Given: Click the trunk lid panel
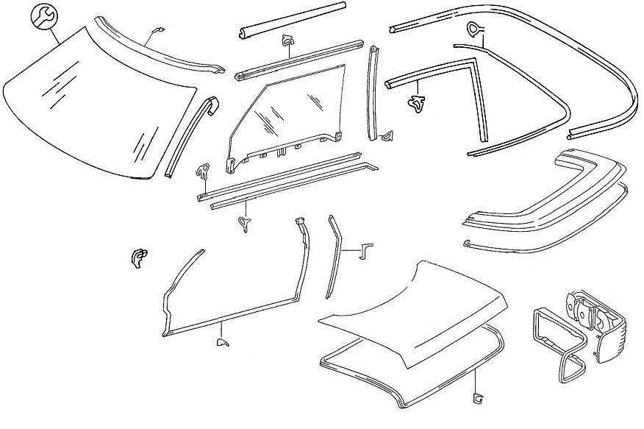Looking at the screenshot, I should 412,309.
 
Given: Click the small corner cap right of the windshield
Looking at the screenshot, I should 212,104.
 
